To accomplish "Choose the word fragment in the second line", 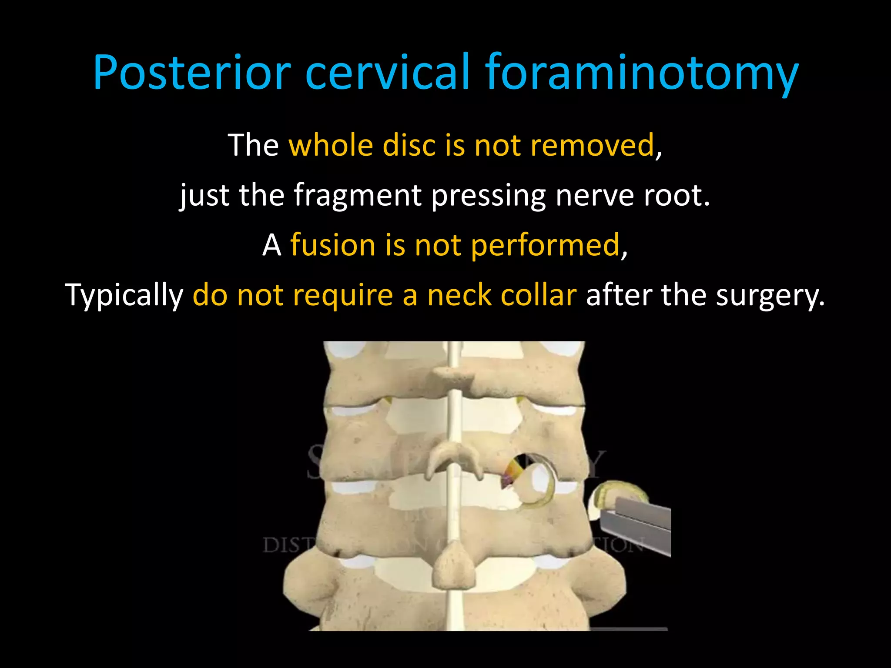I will pos(358,195).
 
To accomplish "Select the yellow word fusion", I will pos(332,245).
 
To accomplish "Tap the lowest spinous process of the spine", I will pos(453,565).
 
